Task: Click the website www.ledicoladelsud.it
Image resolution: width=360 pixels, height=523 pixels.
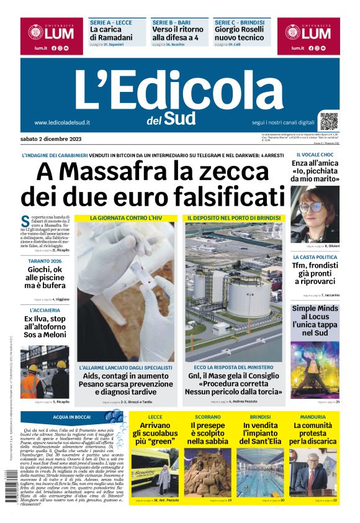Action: (62, 122)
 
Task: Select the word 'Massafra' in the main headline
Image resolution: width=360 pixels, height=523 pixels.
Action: (122, 171)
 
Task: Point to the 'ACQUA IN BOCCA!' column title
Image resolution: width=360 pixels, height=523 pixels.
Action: (72, 417)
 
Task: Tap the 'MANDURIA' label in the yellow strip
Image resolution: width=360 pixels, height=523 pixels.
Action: (313, 417)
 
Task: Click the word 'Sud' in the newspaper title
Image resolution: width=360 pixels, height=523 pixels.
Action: (179, 118)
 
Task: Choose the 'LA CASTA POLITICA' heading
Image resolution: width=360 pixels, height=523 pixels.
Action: (315, 257)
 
